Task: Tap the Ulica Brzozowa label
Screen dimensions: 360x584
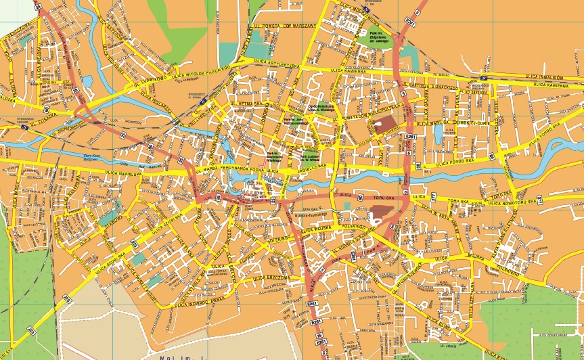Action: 271,278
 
